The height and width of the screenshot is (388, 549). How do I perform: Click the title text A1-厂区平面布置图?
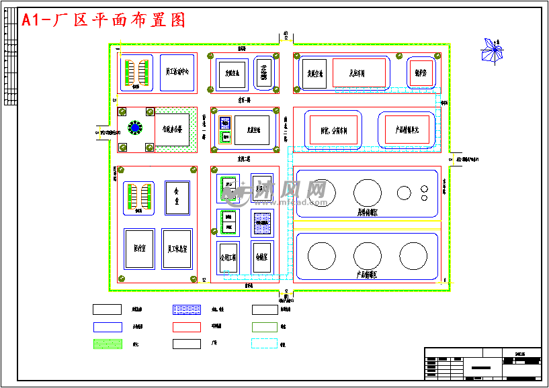(104, 20)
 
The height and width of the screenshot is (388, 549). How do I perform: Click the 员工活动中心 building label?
(177, 72)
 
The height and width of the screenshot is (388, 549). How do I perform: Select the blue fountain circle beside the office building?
(135, 128)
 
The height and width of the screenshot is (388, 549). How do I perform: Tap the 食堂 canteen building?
(177, 197)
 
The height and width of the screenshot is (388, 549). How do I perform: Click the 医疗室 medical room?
(139, 248)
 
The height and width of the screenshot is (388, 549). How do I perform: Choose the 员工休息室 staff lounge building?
(177, 249)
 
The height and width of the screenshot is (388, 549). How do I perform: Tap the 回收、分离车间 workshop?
(334, 130)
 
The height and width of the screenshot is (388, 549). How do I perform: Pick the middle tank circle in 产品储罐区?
(368, 256)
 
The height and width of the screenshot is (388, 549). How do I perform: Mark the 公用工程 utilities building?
(228, 257)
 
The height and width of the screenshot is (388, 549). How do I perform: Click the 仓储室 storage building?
(262, 256)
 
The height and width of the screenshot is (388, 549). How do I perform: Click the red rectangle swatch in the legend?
(187, 327)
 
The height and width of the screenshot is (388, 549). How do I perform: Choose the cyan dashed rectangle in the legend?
(264, 344)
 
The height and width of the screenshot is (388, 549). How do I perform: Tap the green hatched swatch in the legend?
(107, 344)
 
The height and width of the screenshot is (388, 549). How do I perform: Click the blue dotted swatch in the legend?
(187, 309)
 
